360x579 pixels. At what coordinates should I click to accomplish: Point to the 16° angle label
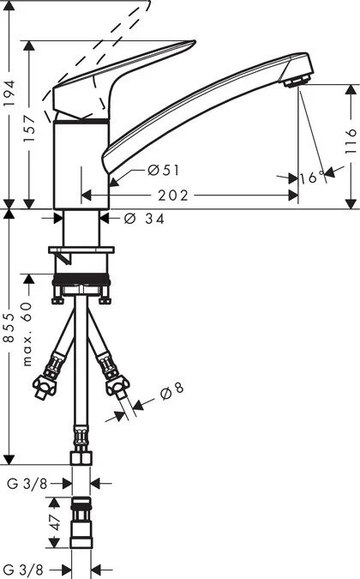(x=313, y=177)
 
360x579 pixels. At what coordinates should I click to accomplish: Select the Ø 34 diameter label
(x=144, y=218)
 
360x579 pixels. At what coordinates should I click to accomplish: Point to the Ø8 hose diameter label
(x=171, y=389)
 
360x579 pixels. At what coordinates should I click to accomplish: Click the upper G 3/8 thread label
(x=25, y=484)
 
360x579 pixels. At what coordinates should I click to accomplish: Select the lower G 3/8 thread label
(x=25, y=568)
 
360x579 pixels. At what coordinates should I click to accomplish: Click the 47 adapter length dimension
(x=52, y=523)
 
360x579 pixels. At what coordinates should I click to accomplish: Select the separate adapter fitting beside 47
(x=82, y=523)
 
